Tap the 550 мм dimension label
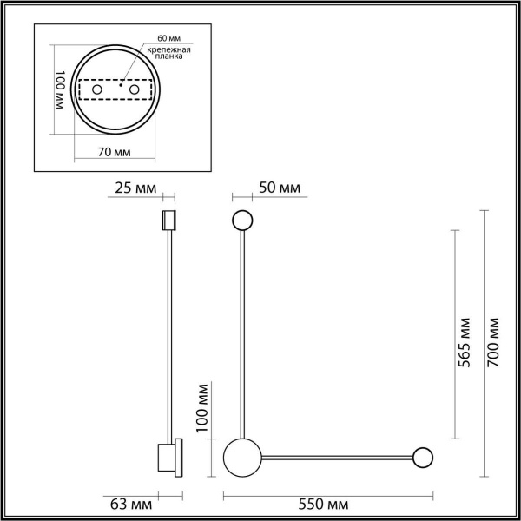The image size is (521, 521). point(329,505)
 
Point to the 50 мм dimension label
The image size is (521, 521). point(280,188)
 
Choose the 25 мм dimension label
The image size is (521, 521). point(135,188)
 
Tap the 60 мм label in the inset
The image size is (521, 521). point(171,40)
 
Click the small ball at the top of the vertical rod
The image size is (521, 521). point(241,221)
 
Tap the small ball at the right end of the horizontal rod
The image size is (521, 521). point(423,457)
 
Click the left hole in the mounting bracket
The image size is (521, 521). point(97,90)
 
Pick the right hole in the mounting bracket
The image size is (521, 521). point(135,90)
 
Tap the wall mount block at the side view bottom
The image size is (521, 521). point(168,456)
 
